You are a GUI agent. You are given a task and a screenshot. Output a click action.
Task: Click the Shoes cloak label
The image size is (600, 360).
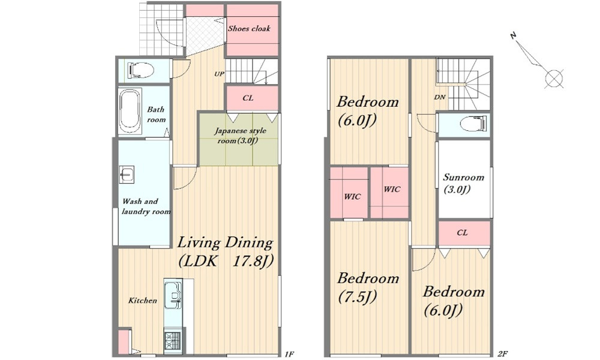coord(249,28)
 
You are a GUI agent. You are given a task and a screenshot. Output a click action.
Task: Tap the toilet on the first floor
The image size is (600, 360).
coord(141,70)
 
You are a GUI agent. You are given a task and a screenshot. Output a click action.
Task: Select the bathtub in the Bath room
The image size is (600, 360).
coord(130,111)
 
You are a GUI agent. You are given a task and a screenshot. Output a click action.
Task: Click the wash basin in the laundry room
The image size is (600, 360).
coord(126,175)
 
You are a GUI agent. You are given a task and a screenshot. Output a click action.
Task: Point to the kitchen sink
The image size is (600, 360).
coord(173,295)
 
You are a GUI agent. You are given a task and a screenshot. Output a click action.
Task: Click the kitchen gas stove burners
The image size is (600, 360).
coord(173,341)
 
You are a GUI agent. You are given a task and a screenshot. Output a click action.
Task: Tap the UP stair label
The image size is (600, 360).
coord(219,74)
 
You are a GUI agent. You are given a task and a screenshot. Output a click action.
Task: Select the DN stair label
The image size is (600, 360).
coord(440,97)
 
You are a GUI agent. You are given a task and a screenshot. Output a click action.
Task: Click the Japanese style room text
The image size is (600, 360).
coord(240,136)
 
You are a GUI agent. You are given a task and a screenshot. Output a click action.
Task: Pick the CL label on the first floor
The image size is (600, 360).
coord(248,98)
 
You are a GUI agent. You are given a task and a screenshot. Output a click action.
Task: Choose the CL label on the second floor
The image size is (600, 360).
coord(462,233)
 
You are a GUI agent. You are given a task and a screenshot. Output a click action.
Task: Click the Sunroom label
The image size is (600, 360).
coord(463,183)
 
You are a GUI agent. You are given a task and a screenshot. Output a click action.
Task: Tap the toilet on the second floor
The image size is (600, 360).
coord(473,124)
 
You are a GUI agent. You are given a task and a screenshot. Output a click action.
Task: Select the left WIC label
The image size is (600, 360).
coord(352,197)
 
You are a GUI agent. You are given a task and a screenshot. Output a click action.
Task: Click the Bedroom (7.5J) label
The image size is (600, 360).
coord(368,287)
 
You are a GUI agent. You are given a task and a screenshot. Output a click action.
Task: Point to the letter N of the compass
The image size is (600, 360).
coord(514,35)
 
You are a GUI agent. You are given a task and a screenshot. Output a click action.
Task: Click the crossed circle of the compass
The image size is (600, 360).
coord(554,79)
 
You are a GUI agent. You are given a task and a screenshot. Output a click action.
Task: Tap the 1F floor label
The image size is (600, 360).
coord(289,354)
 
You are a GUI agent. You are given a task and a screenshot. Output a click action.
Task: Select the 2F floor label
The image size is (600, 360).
coord(502,354)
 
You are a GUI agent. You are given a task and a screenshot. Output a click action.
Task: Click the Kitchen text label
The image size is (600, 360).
coord(142,301)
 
